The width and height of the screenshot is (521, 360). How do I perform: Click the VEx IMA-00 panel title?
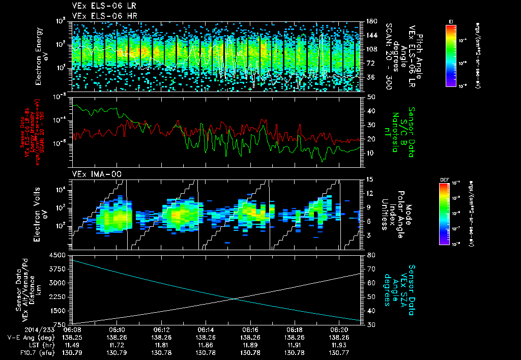[x=93, y=174]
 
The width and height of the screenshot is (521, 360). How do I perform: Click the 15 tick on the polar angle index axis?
[x=370, y=179]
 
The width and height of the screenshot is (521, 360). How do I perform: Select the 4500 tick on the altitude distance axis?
[x=61, y=255]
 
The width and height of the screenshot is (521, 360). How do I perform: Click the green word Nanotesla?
[x=402, y=130]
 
